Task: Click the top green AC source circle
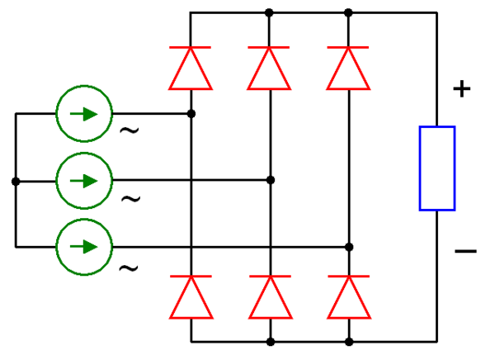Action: (x=83, y=113)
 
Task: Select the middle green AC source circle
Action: (x=83, y=180)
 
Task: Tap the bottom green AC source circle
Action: (x=83, y=247)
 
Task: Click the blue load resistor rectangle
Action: (x=437, y=168)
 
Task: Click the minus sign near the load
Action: (x=464, y=250)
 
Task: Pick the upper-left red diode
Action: (x=191, y=68)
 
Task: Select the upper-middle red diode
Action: (x=270, y=68)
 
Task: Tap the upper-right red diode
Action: (x=349, y=68)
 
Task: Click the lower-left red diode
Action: (x=191, y=297)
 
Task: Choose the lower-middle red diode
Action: (x=270, y=297)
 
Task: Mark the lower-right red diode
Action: (x=349, y=297)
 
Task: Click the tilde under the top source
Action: (x=130, y=130)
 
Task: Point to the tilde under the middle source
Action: (x=130, y=199)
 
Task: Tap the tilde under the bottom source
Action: (x=130, y=268)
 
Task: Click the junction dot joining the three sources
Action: (x=16, y=181)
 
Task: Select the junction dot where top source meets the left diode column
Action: (x=191, y=113)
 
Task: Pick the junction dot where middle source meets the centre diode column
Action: (x=270, y=180)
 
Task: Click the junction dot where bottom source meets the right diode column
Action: (x=349, y=247)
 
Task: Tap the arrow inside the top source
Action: (x=83, y=113)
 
